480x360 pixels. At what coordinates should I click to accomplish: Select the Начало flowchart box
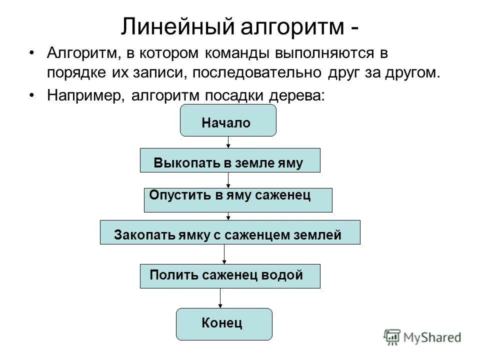click(x=228, y=121)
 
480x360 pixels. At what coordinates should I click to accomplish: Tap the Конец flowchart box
click(x=224, y=324)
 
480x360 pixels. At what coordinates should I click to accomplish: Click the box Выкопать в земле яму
click(x=230, y=160)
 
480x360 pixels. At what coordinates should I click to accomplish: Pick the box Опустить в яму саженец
click(x=238, y=199)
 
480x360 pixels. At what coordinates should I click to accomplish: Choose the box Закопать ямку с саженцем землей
click(x=230, y=232)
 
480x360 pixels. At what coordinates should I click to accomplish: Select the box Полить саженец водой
click(x=230, y=276)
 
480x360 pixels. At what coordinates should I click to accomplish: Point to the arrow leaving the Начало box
click(x=228, y=142)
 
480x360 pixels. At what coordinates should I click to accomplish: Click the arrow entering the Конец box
click(x=220, y=298)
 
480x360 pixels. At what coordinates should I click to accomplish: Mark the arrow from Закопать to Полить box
click(x=224, y=254)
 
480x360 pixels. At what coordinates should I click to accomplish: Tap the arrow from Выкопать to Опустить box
click(x=228, y=180)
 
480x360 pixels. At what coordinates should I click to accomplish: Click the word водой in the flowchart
click(x=284, y=274)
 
